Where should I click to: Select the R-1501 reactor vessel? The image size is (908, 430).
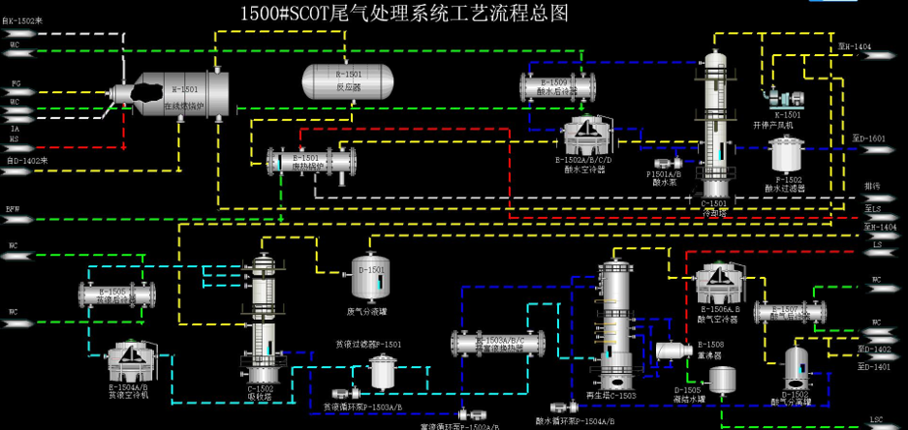coord(346,78)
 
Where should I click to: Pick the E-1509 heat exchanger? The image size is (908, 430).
coord(557,86)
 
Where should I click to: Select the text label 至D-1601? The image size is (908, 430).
coord(875,138)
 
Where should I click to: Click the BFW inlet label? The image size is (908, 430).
coord(14,208)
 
